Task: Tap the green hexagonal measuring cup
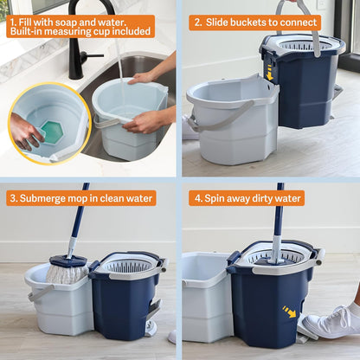pyautogui.click(x=52, y=132)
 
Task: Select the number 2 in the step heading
pyautogui.click(x=198, y=22)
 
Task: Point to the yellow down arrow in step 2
pyautogui.click(x=270, y=74)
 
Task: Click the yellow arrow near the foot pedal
pyautogui.click(x=290, y=312)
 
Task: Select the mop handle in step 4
pyautogui.click(x=279, y=216)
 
